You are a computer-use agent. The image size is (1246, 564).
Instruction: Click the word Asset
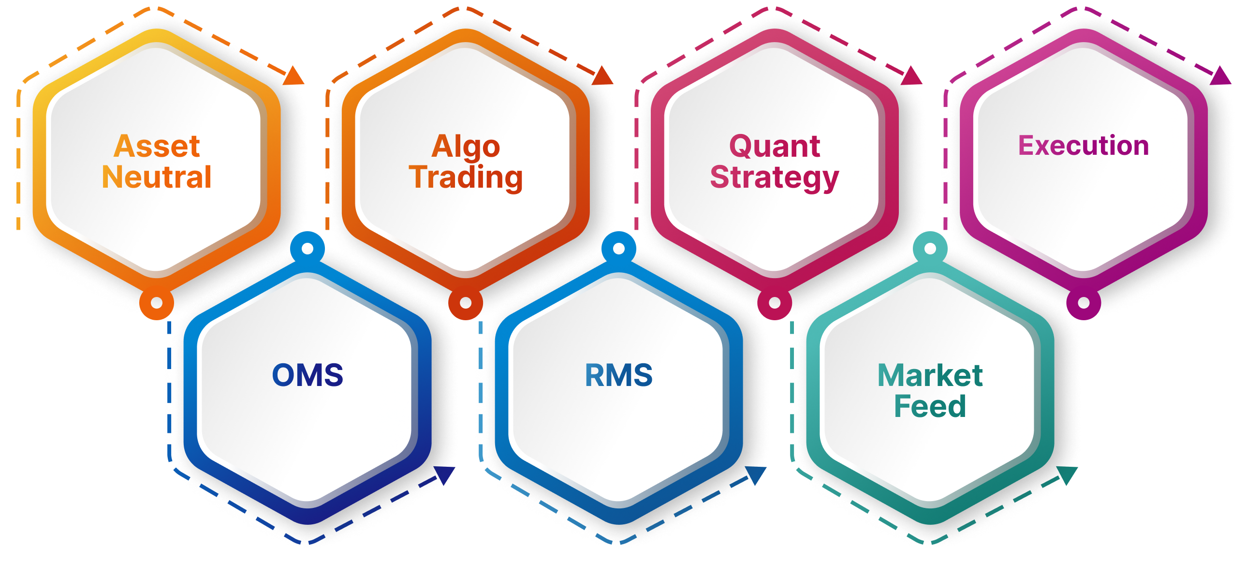point(157,146)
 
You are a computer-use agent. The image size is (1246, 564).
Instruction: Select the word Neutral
point(157,177)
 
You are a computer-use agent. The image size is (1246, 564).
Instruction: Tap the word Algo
point(466,147)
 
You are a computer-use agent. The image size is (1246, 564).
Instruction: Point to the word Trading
point(466,178)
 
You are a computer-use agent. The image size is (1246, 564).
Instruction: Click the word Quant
point(775,146)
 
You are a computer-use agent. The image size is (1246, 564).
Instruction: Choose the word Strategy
point(775,178)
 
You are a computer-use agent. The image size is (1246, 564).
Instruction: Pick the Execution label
point(1084,146)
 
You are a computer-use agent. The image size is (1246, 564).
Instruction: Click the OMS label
point(308,375)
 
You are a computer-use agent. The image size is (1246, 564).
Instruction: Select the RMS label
point(618,375)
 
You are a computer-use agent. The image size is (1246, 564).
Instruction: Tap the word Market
point(930,375)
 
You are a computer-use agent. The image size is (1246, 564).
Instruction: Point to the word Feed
point(930,406)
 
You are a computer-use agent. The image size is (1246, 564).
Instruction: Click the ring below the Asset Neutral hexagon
point(156,303)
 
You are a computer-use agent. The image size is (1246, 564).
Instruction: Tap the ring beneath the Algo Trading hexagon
point(465,303)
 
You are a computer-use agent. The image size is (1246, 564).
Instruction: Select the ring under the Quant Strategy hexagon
point(775,303)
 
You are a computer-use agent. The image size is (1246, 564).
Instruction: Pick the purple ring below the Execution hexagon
point(1084,303)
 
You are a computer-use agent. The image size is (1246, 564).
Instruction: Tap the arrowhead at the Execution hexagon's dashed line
point(1221,76)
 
